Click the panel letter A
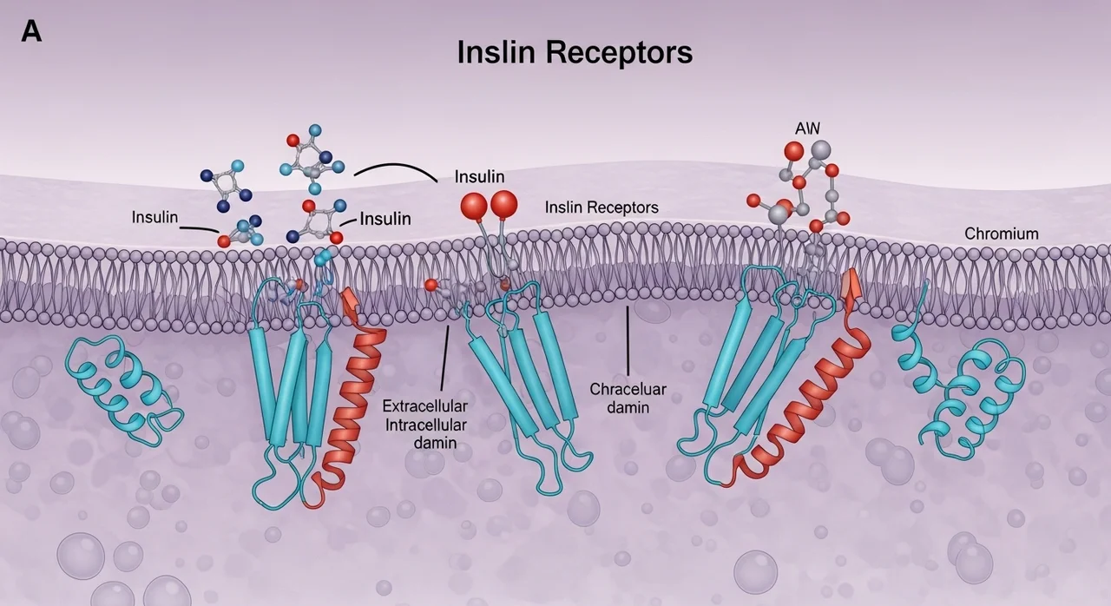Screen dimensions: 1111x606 tap(31, 32)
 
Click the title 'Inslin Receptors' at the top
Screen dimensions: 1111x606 tap(575, 52)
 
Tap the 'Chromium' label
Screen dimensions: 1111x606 tap(1002, 234)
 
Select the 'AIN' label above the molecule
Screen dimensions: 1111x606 tap(807, 128)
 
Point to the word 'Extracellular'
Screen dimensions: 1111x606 tap(424, 406)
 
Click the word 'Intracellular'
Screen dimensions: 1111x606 tap(426, 425)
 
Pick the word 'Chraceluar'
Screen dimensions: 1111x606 tap(628, 389)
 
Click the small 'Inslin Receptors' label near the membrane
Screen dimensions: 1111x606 tap(602, 207)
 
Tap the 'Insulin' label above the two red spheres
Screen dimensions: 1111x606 tap(480, 176)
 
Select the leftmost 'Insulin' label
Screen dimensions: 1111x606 tap(154, 217)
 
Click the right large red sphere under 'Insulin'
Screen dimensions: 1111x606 tap(504, 203)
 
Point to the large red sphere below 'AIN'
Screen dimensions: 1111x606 tap(793, 151)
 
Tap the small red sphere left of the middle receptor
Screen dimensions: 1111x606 tap(431, 285)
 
